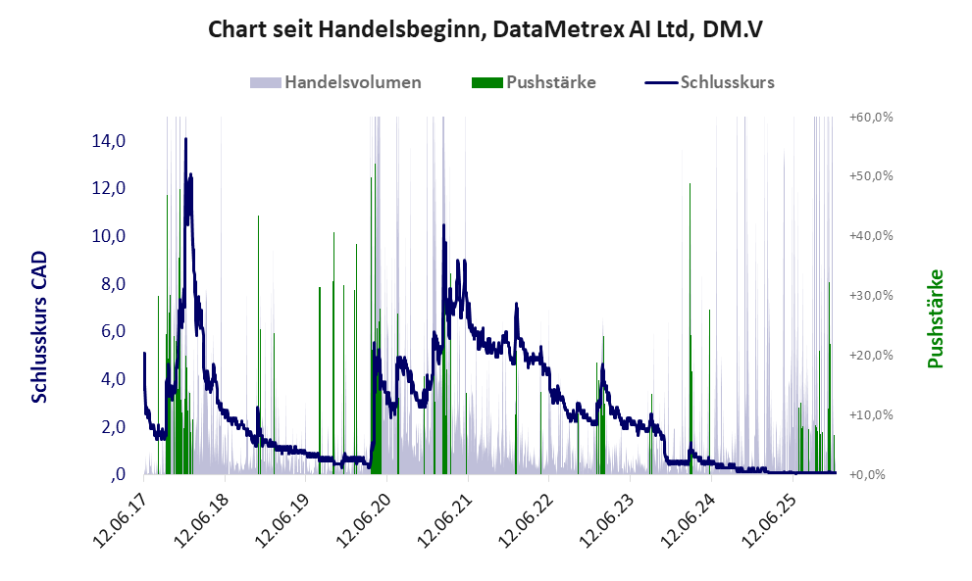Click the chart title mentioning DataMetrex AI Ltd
(486, 29)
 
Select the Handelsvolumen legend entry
(352, 82)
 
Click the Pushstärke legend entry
(550, 82)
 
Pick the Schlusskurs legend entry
(727, 82)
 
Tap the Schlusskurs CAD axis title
(40, 326)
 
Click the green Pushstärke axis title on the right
(934, 319)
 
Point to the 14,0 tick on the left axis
(108, 141)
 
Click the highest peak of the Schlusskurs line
(185, 140)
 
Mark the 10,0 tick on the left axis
(108, 236)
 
